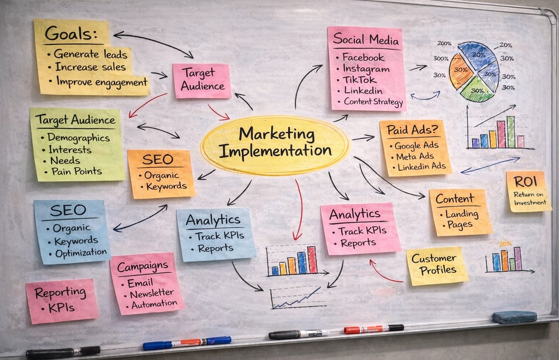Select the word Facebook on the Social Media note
coord(363,57)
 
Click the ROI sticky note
coord(528,191)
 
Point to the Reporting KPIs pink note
coord(62,300)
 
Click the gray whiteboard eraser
coord(514,317)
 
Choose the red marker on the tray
coord(373,328)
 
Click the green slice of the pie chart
coord(476,91)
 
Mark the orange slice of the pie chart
coord(461,72)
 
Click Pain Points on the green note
coord(76,171)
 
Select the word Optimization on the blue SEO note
coord(80,252)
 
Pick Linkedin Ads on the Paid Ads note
coord(422,166)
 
